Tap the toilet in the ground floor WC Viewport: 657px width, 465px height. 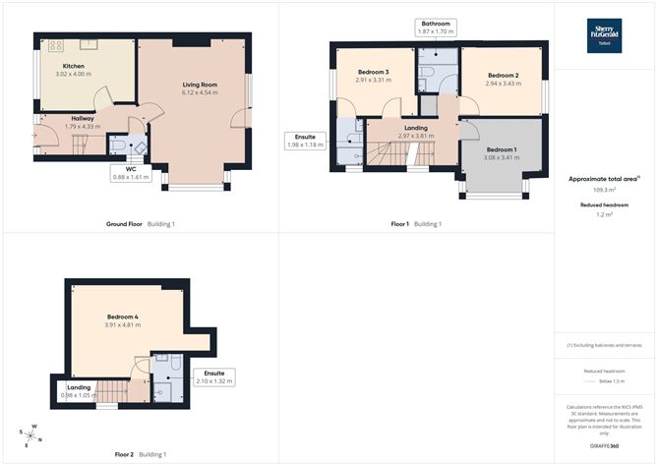tap(117, 147)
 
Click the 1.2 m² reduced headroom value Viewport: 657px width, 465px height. tap(605, 214)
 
